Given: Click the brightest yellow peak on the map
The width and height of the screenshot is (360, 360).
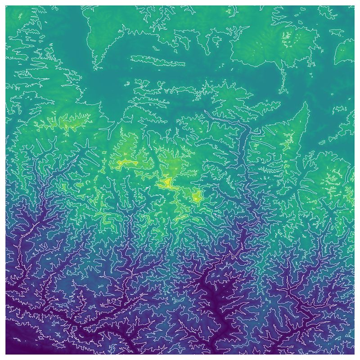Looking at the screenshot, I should (166, 182).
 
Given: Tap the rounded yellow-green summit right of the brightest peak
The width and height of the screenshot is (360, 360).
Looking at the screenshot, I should (196, 197).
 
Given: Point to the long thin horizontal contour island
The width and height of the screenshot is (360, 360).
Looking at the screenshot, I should (157, 60).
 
